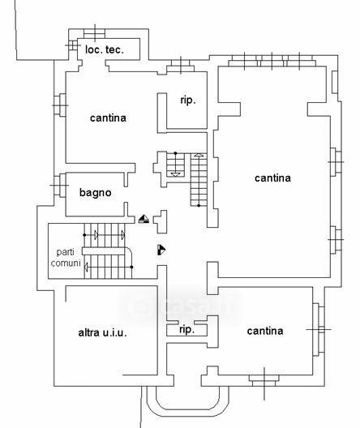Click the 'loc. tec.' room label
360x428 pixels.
tap(105, 49)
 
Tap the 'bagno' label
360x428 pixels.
tap(95, 193)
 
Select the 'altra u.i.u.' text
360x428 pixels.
tap(102, 332)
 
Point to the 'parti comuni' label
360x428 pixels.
tap(66, 258)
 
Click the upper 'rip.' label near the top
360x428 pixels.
tap(188, 101)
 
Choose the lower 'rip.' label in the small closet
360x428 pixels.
tap(187, 329)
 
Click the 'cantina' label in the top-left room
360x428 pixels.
tap(108, 118)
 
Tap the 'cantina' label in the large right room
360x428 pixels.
tap(272, 178)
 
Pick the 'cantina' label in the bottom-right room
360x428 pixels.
tap(265, 331)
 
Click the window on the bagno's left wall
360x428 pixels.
tap(60, 186)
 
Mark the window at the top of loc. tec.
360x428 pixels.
tap(94, 33)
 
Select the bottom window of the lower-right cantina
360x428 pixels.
tap(264, 380)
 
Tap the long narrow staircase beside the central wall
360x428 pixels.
tap(199, 180)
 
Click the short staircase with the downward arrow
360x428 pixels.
tap(175, 165)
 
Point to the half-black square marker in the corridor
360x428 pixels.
tap(161, 250)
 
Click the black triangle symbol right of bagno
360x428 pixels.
tap(144, 219)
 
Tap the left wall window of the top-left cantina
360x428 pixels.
tap(60, 105)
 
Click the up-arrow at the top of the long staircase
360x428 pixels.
tap(199, 155)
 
